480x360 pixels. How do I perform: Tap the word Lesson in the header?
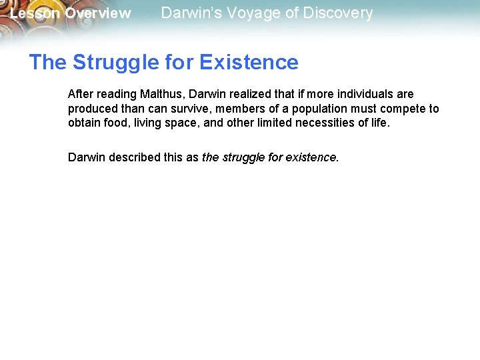35,13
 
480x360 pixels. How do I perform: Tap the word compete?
402,109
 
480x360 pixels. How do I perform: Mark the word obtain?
83,123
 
